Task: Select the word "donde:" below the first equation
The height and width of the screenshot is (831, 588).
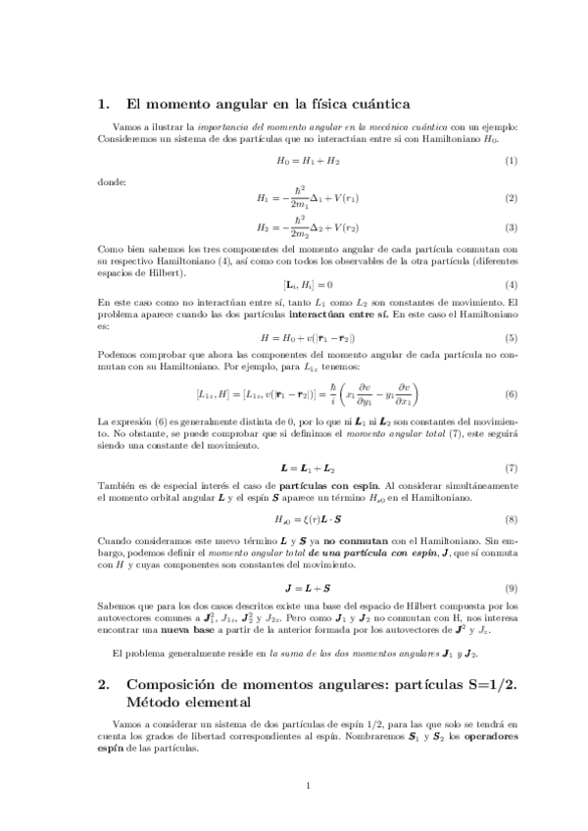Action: (x=114, y=180)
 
